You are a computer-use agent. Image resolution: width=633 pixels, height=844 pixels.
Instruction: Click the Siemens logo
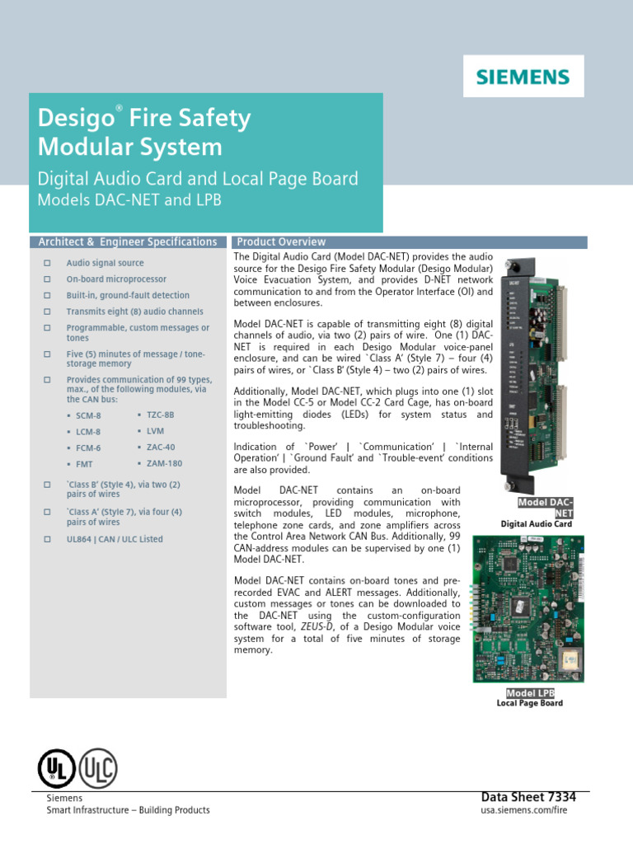[x=523, y=77]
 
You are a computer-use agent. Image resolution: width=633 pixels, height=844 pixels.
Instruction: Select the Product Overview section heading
[x=281, y=242]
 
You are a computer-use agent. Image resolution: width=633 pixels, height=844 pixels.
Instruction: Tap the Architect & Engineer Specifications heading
[x=128, y=242]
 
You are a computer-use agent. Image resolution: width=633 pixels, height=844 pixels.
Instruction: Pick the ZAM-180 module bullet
[x=166, y=463]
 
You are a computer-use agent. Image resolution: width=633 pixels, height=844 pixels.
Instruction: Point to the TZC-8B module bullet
[x=160, y=415]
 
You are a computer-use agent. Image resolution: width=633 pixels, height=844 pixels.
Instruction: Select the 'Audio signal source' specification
[x=105, y=263]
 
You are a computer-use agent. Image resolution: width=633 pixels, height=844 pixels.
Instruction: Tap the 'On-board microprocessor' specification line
[x=116, y=279]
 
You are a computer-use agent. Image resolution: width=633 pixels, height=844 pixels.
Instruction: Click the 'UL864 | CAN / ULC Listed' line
[x=115, y=539]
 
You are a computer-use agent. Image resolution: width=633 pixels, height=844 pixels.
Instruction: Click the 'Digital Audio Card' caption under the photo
[x=536, y=524]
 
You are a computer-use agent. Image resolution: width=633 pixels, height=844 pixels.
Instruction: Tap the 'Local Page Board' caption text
[x=530, y=703]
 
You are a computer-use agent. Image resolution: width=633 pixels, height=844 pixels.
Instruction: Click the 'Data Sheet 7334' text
[x=528, y=797]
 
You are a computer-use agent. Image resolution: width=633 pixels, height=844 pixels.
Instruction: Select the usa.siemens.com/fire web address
[x=524, y=810]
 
